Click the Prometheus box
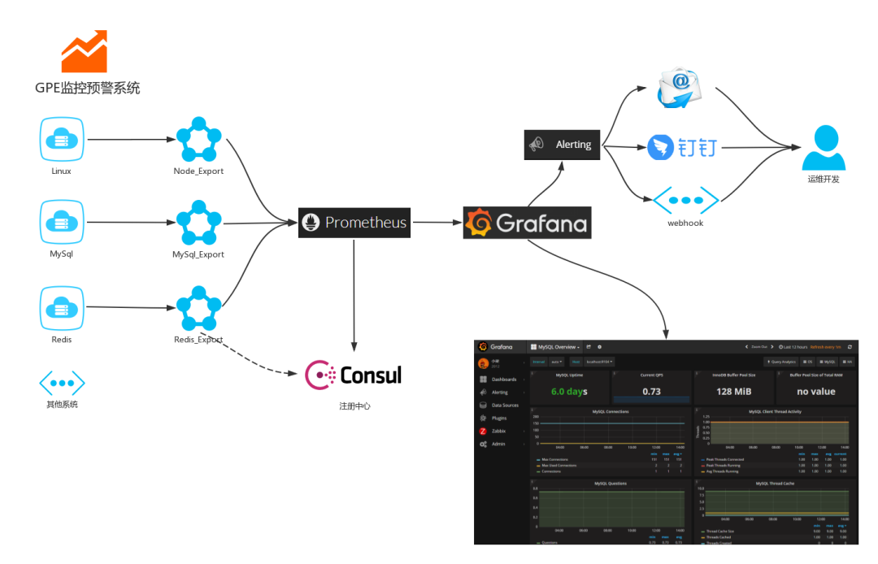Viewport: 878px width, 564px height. [354, 222]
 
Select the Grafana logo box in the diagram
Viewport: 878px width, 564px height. [527, 223]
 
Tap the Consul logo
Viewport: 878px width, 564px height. [354, 374]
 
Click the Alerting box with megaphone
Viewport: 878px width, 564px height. [562, 144]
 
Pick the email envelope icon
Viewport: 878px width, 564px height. [685, 87]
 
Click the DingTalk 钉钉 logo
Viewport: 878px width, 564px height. [683, 148]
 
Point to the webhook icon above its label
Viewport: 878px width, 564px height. [686, 200]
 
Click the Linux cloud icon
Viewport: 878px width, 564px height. [62, 140]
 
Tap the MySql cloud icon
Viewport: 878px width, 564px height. [62, 223]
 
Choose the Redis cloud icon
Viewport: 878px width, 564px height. [62, 307]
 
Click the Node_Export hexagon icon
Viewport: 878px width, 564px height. [198, 141]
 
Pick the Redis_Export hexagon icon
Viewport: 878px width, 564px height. [198, 308]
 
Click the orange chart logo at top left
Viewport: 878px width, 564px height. [85, 52]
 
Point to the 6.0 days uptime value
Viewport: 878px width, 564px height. [569, 391]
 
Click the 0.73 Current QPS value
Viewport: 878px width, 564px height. [651, 391]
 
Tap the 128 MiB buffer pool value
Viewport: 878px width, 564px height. [733, 391]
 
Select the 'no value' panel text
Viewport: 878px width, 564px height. [815, 391]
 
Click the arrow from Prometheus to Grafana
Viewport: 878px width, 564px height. [437, 222]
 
